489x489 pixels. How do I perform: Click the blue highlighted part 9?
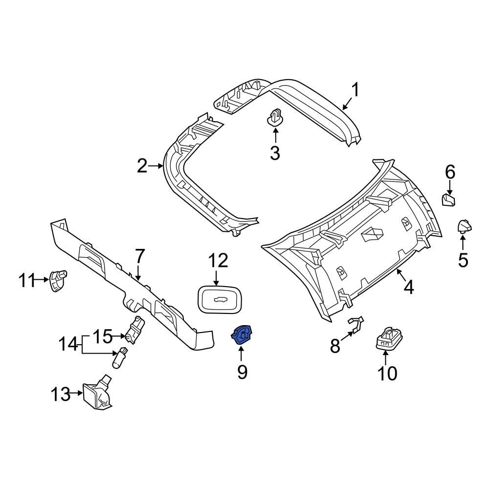point(241,335)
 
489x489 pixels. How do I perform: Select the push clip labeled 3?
point(275,117)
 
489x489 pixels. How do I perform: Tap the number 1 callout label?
point(356,90)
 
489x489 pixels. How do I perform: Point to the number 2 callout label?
point(142,166)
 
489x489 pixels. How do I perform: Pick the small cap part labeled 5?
point(464,226)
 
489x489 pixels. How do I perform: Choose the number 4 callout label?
point(409,287)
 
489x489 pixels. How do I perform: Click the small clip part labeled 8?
point(356,324)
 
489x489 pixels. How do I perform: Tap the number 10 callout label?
point(387,374)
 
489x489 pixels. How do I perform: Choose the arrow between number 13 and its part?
point(77,393)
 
